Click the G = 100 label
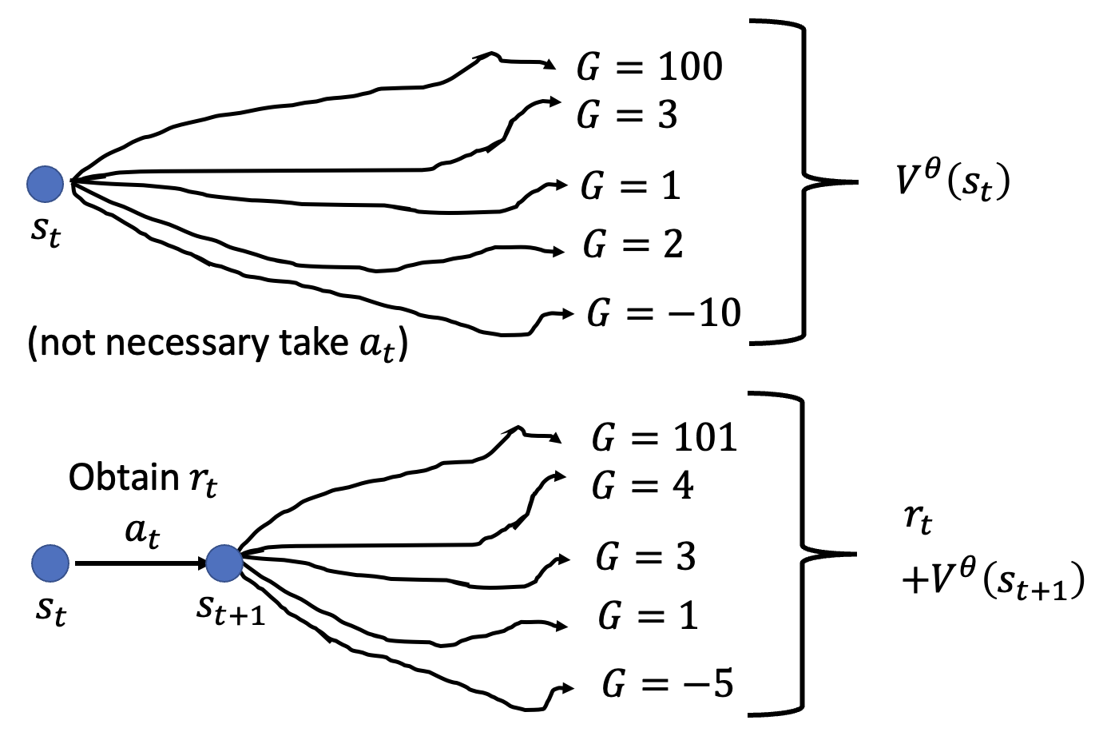click(x=649, y=67)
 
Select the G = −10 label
click(x=664, y=313)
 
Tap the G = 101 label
click(x=664, y=438)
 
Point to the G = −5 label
click(x=668, y=684)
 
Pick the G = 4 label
click(x=643, y=486)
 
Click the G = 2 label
click(x=633, y=245)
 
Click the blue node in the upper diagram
click(x=46, y=185)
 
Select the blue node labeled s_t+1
click(x=224, y=563)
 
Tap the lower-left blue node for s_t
click(x=50, y=563)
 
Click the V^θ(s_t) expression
click(x=952, y=181)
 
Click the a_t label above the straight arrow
click(x=142, y=531)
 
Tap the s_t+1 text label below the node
click(x=231, y=610)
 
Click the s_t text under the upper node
click(x=46, y=231)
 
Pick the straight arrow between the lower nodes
click(x=140, y=563)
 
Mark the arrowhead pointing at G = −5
click(x=568, y=688)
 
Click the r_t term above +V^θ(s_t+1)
click(x=918, y=520)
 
